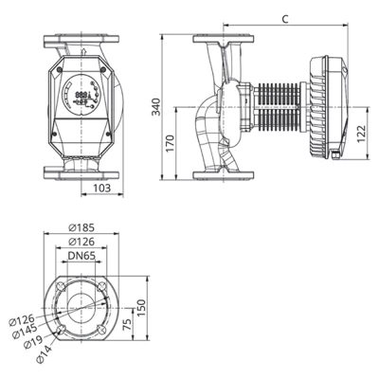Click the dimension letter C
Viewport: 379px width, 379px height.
(285, 18)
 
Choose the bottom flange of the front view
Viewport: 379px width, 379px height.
(83, 174)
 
